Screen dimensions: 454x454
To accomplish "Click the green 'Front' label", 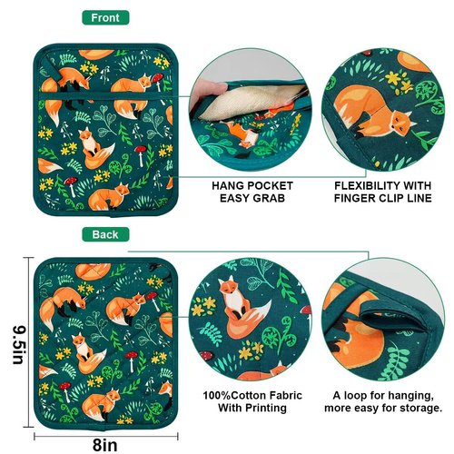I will point(105,17).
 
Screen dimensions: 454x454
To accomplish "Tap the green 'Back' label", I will point(105,234).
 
